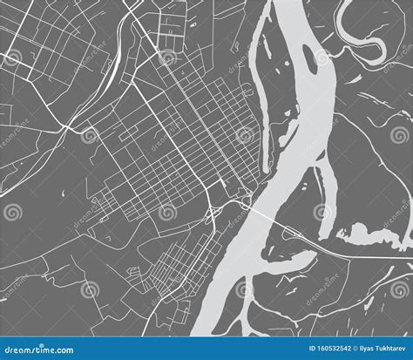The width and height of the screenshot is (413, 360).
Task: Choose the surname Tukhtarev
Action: [x=389, y=350]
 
